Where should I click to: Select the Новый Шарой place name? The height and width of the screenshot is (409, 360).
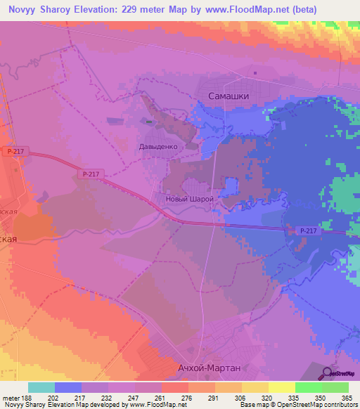(188, 199)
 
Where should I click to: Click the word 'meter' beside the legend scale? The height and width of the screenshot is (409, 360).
(12, 397)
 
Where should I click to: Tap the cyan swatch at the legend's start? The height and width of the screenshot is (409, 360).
(41, 387)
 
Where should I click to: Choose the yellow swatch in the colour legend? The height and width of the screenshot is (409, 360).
(281, 387)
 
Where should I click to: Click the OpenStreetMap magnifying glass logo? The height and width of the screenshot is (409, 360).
(328, 373)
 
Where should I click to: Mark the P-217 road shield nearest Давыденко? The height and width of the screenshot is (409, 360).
(90, 174)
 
